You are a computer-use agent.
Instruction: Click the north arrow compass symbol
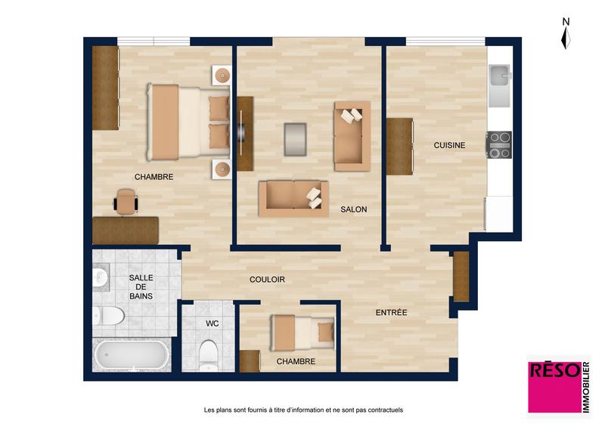566,33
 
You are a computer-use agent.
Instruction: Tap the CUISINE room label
449,145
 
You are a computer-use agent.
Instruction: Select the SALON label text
353,209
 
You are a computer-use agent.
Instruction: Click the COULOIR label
267,280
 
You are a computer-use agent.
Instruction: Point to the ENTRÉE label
392,312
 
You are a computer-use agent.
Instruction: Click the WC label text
213,323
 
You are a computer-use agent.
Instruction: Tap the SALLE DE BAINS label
141,287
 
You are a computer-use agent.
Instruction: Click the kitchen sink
501,77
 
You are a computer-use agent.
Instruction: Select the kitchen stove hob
499,144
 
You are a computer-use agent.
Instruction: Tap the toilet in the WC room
208,353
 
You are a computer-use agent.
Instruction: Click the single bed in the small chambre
302,331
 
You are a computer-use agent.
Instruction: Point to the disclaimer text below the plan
303,410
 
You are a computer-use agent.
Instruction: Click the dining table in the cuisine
399,147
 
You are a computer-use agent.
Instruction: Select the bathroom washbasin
100,279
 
